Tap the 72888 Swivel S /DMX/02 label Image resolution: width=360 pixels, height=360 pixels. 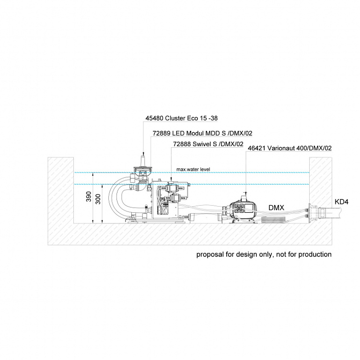coord(208,144)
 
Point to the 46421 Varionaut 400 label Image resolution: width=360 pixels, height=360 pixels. coord(289,149)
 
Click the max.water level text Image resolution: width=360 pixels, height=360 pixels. coord(193,169)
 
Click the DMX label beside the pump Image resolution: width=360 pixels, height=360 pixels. coord(277,208)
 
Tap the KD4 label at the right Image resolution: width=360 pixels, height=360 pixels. coord(341,202)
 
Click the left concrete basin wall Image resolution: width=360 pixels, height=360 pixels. coord(61,192)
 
